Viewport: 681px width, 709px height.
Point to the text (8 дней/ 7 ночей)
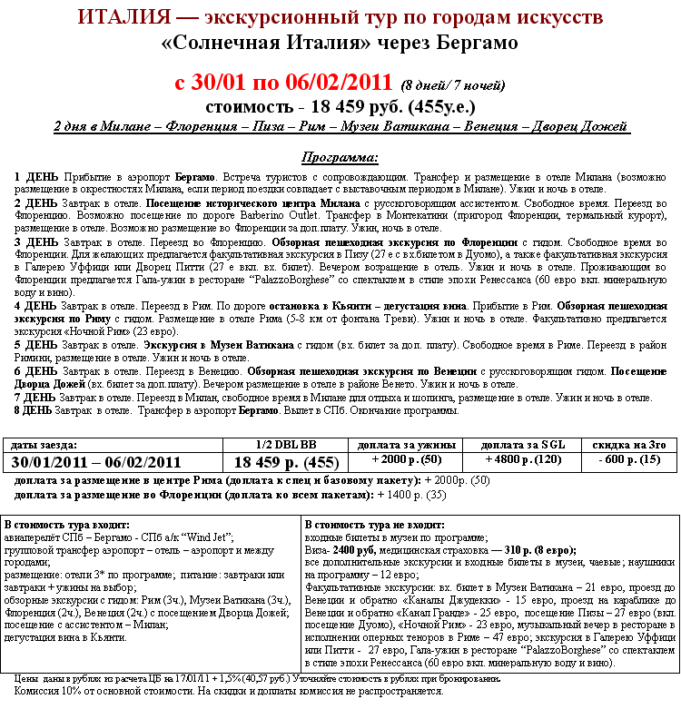(452, 86)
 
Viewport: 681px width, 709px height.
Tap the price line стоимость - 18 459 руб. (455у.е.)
(340, 107)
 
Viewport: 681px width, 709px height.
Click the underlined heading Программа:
(340, 156)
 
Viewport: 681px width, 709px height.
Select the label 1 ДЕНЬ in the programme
(36, 175)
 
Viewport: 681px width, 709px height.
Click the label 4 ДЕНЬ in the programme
(36, 308)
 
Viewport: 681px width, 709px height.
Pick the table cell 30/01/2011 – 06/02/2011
(96, 461)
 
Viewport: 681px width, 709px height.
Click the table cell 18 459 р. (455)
(286, 462)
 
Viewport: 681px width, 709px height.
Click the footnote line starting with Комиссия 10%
(229, 690)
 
